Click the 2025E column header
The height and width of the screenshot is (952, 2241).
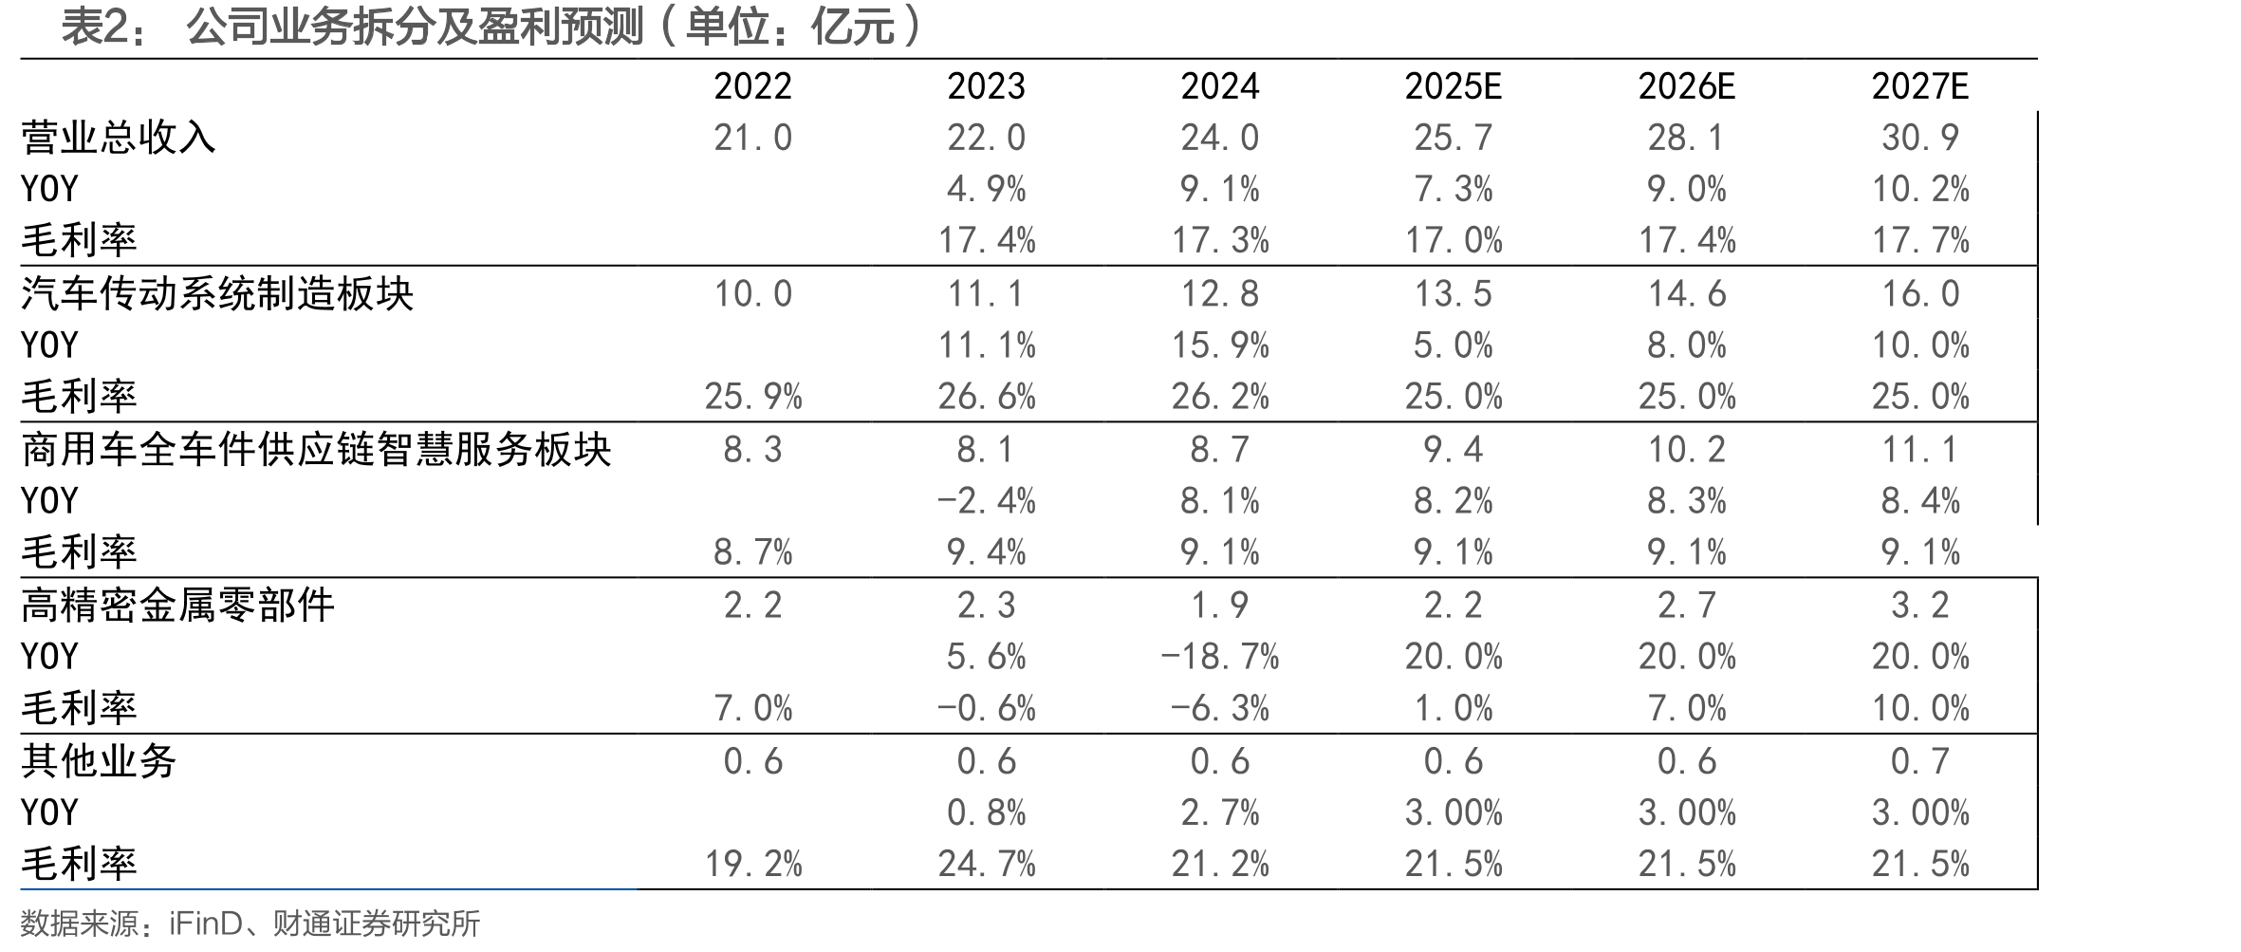point(1453,86)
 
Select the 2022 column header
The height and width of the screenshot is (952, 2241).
point(752,86)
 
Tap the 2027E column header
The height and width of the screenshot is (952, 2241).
point(1920,86)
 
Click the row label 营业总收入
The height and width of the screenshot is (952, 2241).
point(119,138)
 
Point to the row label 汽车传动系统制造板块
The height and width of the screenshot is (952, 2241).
point(217,293)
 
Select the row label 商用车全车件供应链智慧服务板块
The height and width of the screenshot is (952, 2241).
point(316,449)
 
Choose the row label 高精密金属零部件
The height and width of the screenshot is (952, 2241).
point(177,605)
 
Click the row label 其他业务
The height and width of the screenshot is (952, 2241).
point(99,760)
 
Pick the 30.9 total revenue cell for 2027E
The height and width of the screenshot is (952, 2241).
point(1920,138)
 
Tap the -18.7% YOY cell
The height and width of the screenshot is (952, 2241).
point(1219,656)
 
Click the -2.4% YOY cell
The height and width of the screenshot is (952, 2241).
point(986,500)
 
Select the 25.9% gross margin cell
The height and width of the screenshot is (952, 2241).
point(752,396)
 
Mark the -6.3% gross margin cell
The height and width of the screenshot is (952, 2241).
point(1219,708)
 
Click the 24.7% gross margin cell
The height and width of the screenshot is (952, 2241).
point(986,864)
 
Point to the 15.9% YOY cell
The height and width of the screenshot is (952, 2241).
point(1219,345)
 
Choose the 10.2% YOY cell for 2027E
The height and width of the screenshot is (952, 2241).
point(1920,189)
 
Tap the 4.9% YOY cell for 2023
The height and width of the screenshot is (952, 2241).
point(986,189)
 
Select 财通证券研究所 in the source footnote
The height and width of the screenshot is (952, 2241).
point(377,924)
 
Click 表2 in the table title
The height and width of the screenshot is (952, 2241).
point(94,27)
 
